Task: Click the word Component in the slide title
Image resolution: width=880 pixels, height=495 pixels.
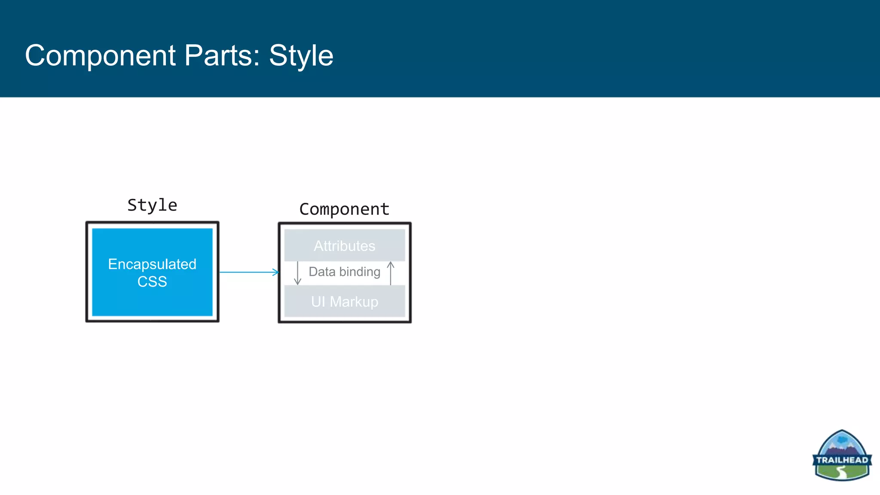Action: pos(100,56)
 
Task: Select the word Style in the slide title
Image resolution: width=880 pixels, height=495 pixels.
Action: pos(301,56)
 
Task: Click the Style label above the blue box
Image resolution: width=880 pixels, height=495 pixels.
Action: pos(152,205)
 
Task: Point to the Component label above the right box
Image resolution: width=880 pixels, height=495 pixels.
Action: pos(344,209)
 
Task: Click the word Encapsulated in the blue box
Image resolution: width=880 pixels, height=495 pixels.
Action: pos(152,264)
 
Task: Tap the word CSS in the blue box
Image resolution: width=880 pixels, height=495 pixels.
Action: pos(152,282)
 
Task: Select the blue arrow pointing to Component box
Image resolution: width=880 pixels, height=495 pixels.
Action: pos(248,272)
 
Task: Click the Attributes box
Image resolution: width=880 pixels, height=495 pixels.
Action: pos(344,246)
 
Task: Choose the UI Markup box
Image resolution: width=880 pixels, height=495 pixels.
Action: pos(344,302)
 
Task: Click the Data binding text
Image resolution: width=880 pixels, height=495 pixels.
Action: pos(344,272)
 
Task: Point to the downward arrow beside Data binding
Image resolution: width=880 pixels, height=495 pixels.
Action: pos(297,273)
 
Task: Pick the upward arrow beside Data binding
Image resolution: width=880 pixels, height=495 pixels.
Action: pos(391,273)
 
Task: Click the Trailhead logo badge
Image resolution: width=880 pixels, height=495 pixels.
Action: pos(842,455)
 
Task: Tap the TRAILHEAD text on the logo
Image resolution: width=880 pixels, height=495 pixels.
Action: pos(842,460)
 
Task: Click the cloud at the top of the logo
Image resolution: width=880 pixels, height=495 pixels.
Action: pos(842,440)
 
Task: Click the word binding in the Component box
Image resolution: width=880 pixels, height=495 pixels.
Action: pos(360,272)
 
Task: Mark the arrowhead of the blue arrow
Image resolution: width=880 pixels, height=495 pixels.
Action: pos(276,272)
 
